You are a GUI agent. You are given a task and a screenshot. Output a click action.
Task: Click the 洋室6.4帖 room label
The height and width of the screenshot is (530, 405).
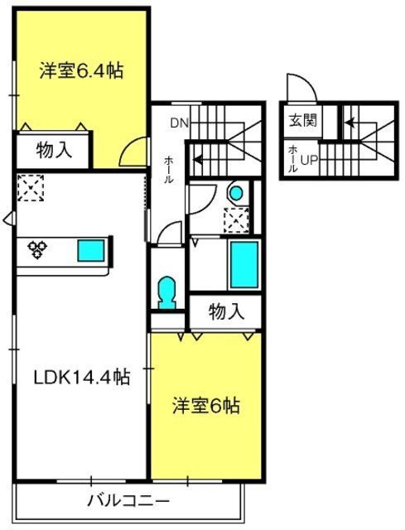click(x=81, y=70)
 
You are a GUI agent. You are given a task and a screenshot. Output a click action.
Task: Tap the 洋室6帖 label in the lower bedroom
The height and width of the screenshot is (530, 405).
click(x=206, y=406)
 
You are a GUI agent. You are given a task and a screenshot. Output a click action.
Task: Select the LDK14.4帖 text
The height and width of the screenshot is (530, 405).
click(x=82, y=377)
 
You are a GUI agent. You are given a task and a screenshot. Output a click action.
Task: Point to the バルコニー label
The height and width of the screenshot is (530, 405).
click(x=128, y=500)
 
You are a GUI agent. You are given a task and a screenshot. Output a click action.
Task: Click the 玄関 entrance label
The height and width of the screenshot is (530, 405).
click(x=303, y=120)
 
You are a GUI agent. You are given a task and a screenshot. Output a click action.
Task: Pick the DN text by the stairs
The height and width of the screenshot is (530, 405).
click(x=180, y=123)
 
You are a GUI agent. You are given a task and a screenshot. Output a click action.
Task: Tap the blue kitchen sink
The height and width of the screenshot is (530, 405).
click(x=91, y=250)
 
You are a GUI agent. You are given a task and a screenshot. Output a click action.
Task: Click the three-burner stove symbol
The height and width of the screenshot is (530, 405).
click(x=37, y=250)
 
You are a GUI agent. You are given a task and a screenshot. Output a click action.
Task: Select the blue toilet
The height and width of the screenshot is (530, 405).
click(x=167, y=292)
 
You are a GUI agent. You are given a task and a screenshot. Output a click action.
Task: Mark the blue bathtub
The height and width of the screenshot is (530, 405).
click(x=244, y=265)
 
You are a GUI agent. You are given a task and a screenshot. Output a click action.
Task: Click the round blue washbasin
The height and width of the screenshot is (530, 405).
click(x=236, y=193)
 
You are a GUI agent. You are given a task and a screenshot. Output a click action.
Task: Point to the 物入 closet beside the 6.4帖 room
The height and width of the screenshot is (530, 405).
click(x=54, y=150)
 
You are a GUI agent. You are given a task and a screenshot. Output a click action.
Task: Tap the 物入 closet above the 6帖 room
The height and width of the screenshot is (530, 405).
click(x=226, y=311)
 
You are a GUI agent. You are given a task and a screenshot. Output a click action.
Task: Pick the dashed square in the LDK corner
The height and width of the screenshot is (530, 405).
click(x=31, y=188)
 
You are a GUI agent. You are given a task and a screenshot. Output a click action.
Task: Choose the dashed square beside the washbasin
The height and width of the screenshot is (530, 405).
click(x=236, y=220)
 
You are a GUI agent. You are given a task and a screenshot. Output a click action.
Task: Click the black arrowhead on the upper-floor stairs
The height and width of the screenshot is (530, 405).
click(x=197, y=159)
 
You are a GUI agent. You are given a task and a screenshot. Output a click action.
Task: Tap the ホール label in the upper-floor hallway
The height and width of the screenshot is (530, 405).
click(x=168, y=170)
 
